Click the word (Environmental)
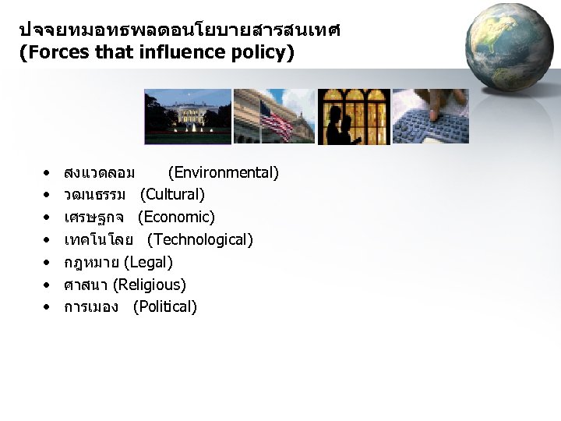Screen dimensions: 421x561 pos(224,172)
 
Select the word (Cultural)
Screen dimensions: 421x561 pos(172,194)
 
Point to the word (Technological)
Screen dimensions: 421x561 pos(200,239)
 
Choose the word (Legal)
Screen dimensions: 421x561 pos(148,262)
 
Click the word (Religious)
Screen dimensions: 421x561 pos(150,285)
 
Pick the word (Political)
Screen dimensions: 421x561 pos(165,307)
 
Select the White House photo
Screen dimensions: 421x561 pos(188,116)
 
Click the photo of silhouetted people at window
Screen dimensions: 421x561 pos(353,116)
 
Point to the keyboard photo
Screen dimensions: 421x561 pos(430,116)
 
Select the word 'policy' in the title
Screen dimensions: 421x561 pos(258,54)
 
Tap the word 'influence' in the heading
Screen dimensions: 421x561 pos(173,54)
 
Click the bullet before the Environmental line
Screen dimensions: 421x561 pos(48,172)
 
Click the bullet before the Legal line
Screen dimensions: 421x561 pos(48,263)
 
